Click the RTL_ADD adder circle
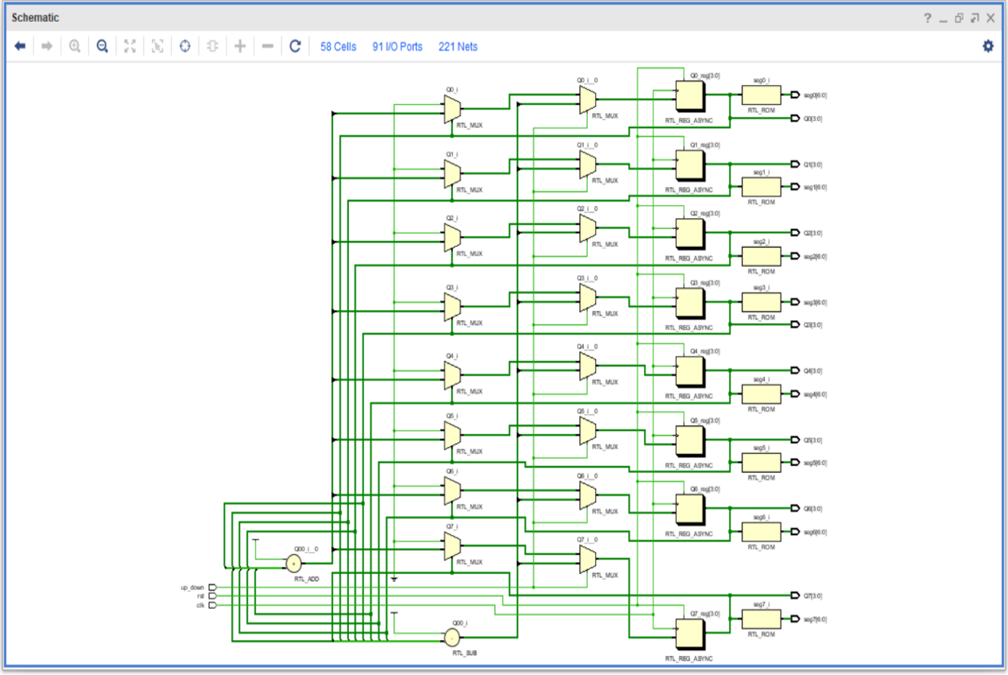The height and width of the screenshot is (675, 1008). point(293,563)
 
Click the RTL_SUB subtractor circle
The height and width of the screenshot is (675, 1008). point(452,636)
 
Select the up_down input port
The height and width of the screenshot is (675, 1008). point(212,588)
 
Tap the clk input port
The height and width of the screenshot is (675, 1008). point(212,605)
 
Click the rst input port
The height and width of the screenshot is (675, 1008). point(212,596)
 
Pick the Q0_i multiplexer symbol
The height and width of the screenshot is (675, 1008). point(452,109)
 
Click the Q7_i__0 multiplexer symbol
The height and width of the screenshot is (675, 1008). point(587,560)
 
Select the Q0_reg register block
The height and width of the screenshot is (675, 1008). point(689,97)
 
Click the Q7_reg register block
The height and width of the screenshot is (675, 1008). point(689,634)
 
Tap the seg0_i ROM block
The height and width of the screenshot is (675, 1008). point(761,95)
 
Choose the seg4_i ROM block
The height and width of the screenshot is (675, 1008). point(761,394)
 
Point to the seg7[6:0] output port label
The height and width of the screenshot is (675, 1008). point(816,620)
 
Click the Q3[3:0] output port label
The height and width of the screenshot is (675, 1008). point(813,325)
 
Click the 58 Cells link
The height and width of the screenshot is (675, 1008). point(338,46)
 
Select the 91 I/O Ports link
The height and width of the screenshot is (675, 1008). point(397,46)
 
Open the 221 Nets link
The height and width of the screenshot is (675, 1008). point(458,46)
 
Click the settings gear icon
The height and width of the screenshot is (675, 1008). point(987,46)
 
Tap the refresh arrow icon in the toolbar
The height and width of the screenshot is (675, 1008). point(295,46)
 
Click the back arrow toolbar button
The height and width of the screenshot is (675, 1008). point(21,46)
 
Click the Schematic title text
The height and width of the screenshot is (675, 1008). point(35,17)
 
